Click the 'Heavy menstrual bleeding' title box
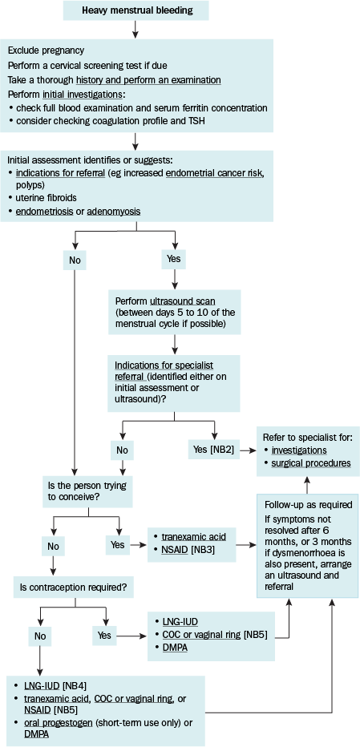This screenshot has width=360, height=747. [x=136, y=10]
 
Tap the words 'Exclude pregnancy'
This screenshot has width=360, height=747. [x=47, y=50]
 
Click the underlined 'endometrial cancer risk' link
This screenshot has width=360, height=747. [x=215, y=172]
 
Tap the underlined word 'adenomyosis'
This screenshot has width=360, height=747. [x=114, y=211]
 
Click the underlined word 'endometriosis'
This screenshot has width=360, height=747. [x=45, y=211]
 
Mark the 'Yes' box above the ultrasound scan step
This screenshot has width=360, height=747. [x=174, y=260]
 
